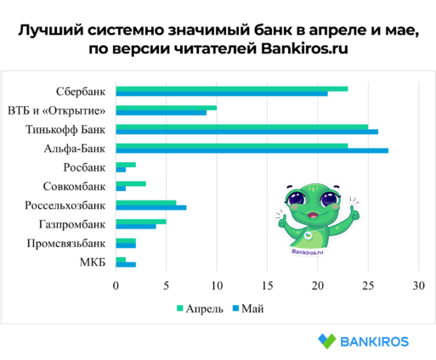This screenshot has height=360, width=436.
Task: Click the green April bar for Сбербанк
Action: coord(232,89)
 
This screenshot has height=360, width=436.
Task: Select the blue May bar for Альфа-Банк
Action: coord(252,150)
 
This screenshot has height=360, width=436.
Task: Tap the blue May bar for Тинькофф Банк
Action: coord(247,132)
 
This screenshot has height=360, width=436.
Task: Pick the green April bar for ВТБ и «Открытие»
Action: coord(167,108)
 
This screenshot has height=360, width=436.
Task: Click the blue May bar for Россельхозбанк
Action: coord(151,207)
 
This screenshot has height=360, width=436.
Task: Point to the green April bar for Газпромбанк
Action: coord(141,222)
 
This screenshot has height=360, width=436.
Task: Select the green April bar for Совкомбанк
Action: coord(131,183)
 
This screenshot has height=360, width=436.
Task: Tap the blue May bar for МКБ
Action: coord(126,265)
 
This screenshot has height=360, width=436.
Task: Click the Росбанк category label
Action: coord(84,167)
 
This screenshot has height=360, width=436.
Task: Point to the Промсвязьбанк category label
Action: coord(66,243)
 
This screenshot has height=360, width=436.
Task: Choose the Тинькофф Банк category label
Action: coord(65,129)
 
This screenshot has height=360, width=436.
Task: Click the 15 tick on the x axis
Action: coord(267,286)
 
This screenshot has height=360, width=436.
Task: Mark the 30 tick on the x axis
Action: coord(419,286)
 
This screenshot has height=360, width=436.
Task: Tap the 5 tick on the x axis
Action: coord(167,286)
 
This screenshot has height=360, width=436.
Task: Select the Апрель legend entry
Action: coord(200,308)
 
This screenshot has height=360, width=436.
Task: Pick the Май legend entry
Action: coord(248,308)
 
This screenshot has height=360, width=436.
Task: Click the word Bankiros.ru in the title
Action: coord(304,48)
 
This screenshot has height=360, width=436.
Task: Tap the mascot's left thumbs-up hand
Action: coord(282,220)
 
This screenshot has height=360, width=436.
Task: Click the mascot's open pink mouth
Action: coord(313,215)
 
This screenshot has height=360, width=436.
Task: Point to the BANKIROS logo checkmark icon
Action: coord(327,341)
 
